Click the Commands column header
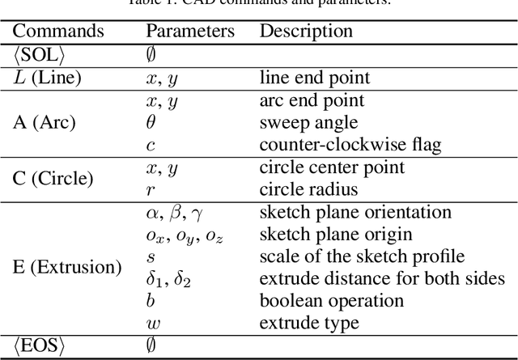pyautogui.click(x=58, y=32)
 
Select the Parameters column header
pyautogui.click(x=190, y=32)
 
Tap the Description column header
pyautogui.click(x=306, y=32)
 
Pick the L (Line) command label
pyautogui.click(x=53, y=78)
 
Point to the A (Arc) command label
pyautogui.click(x=45, y=123)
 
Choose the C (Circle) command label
pyautogui.click(x=54, y=179)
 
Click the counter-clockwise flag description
pyautogui.click(x=349, y=145)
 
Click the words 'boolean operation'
pyautogui.click(x=332, y=301)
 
